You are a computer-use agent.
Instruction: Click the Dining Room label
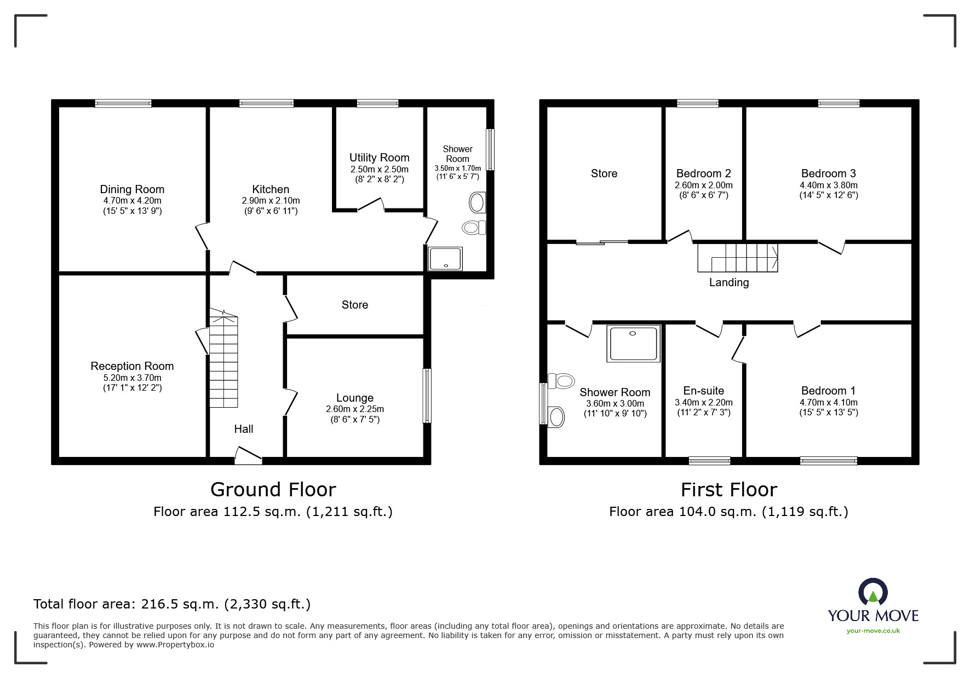coord(132,189)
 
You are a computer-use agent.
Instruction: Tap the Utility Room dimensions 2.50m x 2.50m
coord(379,170)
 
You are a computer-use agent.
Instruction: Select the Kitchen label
coord(271,189)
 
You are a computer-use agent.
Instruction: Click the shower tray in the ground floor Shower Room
coord(445,258)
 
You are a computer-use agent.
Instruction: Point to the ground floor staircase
coord(223,361)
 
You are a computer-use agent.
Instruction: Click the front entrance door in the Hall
coord(248,455)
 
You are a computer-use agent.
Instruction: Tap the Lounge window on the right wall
coord(427,395)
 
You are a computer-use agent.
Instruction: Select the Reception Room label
coord(132,366)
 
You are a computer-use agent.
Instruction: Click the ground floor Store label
coord(355,305)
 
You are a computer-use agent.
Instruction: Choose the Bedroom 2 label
coord(703,173)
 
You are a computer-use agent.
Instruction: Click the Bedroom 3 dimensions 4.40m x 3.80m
coord(828,185)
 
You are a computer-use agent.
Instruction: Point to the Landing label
coord(728,282)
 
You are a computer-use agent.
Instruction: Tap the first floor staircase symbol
coord(737,258)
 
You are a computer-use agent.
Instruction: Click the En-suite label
coord(703,391)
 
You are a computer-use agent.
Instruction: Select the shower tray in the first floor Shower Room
coord(633,344)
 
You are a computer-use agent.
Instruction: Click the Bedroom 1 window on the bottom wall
coord(828,461)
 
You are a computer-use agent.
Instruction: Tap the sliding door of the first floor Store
coord(602,242)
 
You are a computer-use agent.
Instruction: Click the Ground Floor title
coord(273,489)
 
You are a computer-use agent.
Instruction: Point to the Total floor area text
coord(172,604)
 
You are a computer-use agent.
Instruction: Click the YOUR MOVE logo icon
coord(873,592)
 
